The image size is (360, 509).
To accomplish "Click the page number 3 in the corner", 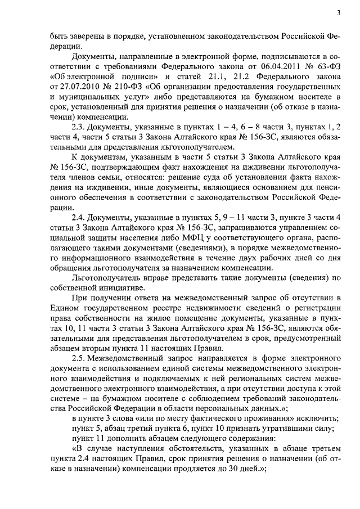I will tap(339, 13).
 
